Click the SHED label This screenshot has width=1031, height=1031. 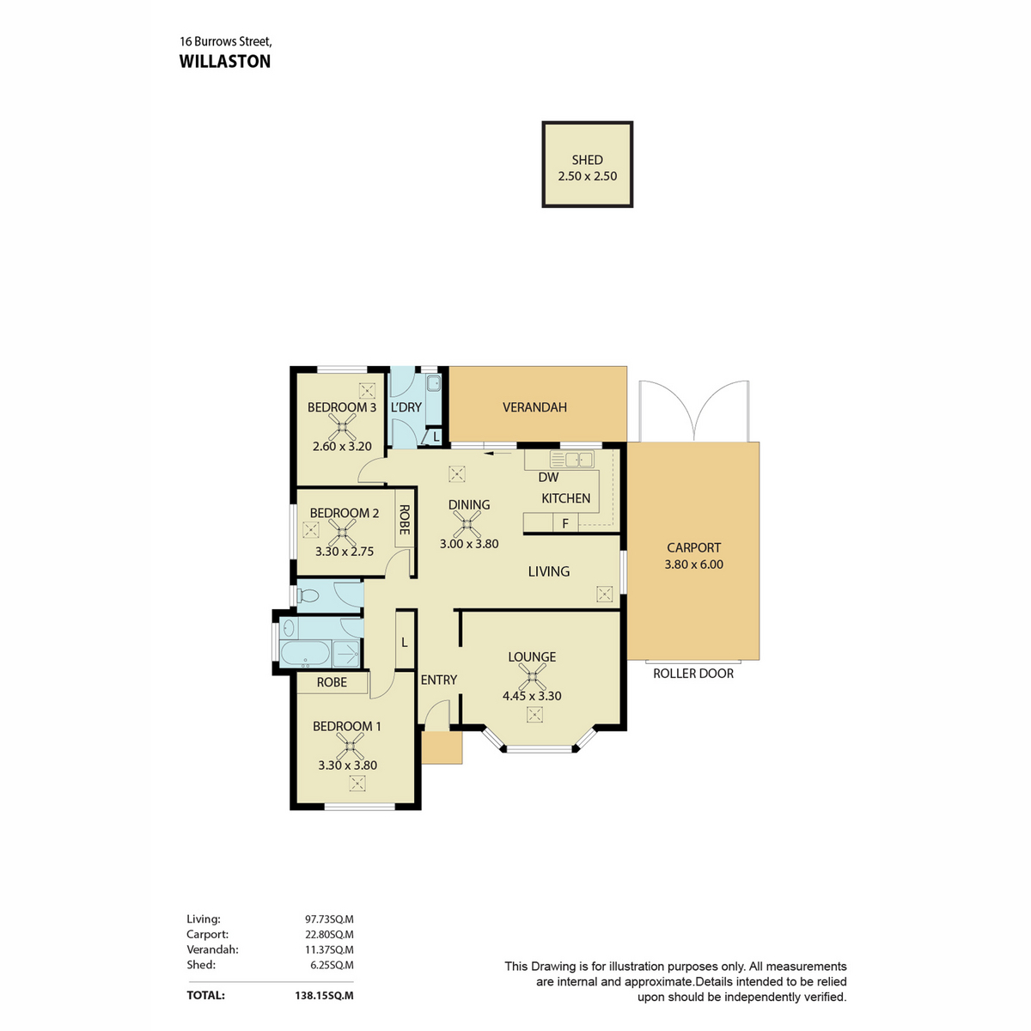587,160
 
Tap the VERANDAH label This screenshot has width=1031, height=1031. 534,407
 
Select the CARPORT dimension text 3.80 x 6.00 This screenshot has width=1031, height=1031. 693,564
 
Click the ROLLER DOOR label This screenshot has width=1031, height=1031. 692,674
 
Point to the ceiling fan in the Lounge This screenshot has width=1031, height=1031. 532,677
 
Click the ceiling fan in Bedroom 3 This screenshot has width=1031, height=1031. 343,427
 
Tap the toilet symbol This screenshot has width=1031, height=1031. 308,595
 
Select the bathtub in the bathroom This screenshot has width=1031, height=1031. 305,653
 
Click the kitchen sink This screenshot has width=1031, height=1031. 571,459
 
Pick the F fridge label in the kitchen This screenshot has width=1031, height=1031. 565,523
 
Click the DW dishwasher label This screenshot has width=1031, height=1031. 548,477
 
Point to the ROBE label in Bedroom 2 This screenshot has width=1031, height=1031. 405,520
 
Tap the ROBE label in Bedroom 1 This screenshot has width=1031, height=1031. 332,682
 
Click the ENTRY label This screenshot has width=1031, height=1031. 439,680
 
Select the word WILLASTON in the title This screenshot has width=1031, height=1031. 225,62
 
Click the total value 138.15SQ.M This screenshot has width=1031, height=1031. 324,996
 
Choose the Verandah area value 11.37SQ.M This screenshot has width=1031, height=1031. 330,949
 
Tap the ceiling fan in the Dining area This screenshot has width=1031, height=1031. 467,524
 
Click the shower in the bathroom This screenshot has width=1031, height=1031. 345,653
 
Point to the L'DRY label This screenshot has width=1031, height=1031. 406,407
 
